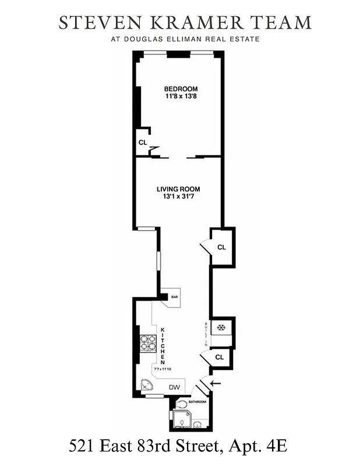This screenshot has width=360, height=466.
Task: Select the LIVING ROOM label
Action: point(178,189)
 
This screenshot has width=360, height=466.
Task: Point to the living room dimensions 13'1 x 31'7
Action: point(178,197)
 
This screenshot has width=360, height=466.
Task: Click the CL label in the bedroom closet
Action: point(142,142)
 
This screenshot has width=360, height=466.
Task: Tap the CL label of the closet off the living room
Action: point(221,247)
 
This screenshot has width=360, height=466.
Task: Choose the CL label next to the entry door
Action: point(220,357)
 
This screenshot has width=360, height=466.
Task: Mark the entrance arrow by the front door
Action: point(217,383)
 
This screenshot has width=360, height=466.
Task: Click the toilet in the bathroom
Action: point(182,404)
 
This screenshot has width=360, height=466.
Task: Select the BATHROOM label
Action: point(197,402)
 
